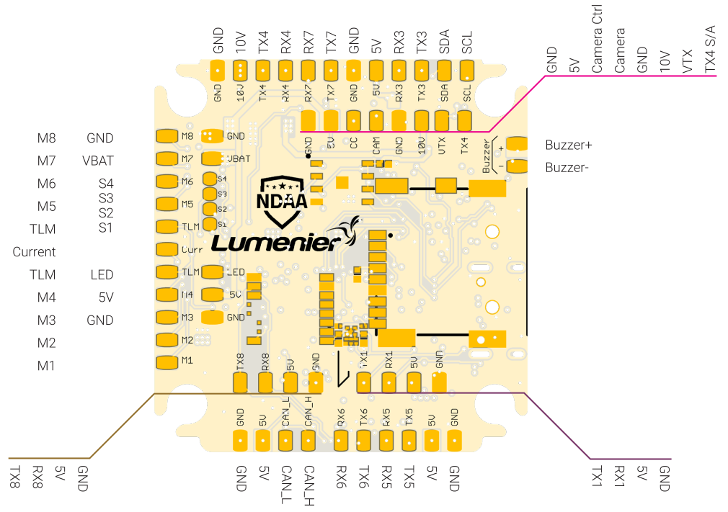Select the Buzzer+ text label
click(569, 145)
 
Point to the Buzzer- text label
click(568, 167)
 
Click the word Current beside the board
click(34, 252)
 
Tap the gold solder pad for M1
click(167, 361)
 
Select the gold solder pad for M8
click(167, 136)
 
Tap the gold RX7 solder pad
click(308, 71)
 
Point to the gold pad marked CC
click(353, 119)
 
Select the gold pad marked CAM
click(376, 119)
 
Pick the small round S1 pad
click(210, 224)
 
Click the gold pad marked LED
click(213, 271)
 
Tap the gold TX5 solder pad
click(409, 440)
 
